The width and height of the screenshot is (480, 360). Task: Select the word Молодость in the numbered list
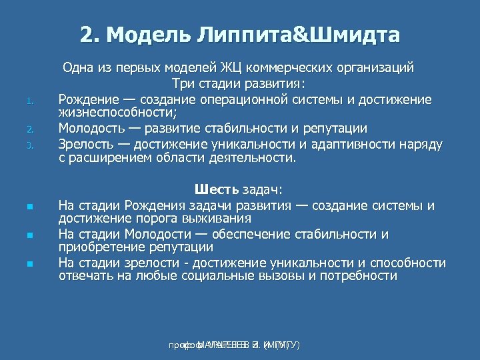tap(91, 128)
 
